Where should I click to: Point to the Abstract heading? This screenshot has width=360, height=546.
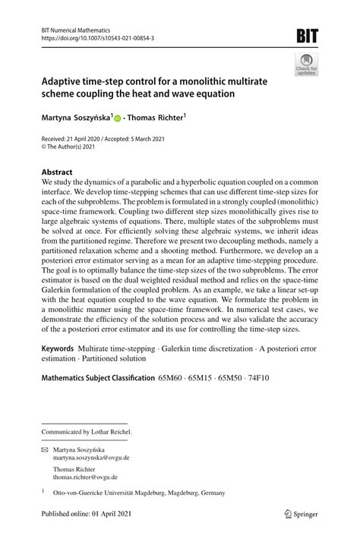click(57, 172)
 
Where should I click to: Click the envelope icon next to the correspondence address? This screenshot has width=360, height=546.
click(45, 450)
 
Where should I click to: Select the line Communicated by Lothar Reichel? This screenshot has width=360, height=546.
click(87, 431)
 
